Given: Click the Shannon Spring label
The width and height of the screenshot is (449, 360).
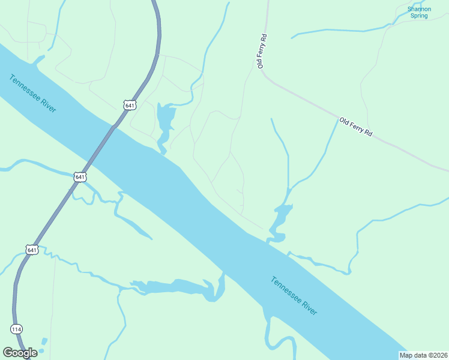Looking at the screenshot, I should click(x=418, y=12).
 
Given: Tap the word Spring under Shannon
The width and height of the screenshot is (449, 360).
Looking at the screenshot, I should click(x=418, y=16).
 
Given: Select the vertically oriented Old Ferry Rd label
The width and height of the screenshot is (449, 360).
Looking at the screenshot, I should click(x=262, y=52).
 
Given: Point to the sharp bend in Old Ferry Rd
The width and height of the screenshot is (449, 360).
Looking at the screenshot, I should click(x=265, y=75).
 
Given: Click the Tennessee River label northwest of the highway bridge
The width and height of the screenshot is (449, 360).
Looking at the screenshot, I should click(x=33, y=93).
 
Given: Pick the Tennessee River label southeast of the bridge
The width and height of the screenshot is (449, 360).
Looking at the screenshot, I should click(x=294, y=296).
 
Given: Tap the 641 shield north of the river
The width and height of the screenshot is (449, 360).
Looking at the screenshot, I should click(x=129, y=105).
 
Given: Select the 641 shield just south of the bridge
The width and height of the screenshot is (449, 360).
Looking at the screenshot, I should click(x=80, y=177).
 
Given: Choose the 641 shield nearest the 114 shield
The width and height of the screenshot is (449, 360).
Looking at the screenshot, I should click(x=32, y=249).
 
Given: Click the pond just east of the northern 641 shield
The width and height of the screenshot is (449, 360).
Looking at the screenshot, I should click(x=163, y=123).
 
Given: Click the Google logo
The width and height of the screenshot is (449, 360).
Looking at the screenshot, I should click(x=20, y=353).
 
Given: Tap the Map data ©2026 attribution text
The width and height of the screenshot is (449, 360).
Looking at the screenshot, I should click(x=424, y=355).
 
